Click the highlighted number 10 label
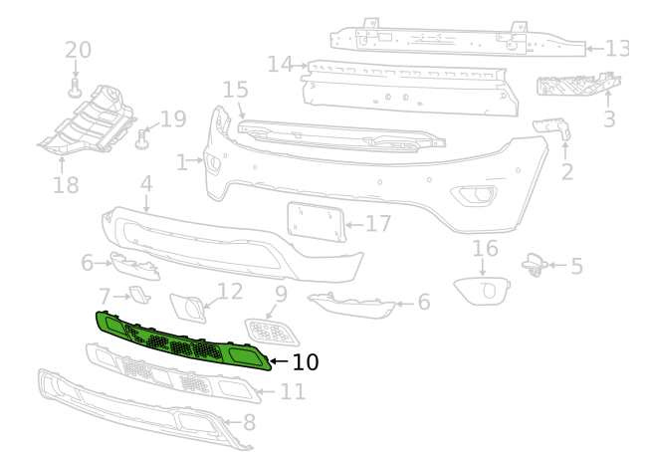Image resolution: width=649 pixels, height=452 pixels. click(306, 362)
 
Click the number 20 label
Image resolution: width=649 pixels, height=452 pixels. click(78, 50)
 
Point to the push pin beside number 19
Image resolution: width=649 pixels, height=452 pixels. click(141, 139)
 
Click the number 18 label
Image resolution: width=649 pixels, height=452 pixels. click(66, 184)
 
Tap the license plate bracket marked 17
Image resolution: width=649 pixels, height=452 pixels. click(317, 221)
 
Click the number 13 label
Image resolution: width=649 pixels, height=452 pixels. click(617, 49)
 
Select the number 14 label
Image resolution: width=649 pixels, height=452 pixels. click(281, 65)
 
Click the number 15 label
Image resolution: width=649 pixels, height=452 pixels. click(236, 91)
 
